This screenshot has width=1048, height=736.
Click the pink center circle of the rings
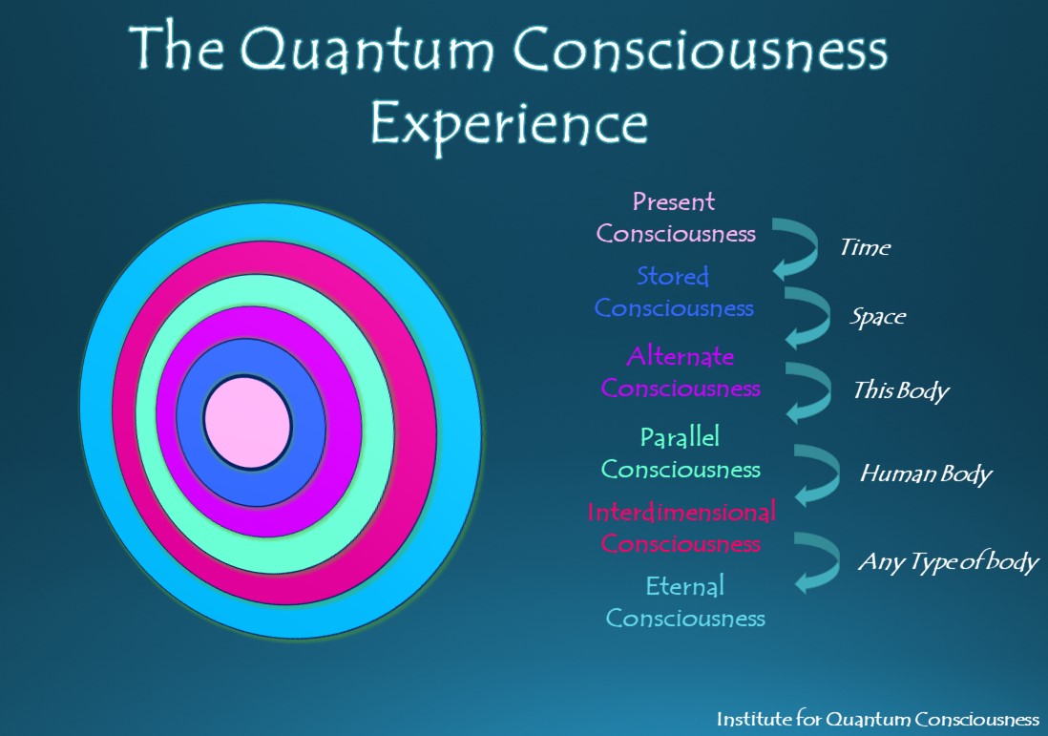point(247,423)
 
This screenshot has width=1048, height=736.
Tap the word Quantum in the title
point(367,50)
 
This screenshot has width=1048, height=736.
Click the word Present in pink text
point(674,201)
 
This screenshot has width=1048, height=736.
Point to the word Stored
point(672,276)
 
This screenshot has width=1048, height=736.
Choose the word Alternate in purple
point(680,356)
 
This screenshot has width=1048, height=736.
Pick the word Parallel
point(680,437)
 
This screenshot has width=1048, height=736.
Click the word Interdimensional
point(681,512)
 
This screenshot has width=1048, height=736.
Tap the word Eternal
point(684,586)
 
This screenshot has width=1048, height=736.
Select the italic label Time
point(865,248)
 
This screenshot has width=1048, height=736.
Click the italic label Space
point(877,317)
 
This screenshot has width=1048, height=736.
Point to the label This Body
point(901,391)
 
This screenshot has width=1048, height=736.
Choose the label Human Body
point(926,473)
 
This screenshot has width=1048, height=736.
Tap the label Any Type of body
point(949,562)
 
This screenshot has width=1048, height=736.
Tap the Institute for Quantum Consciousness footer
point(877,719)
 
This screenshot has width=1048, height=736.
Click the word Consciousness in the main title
point(701,50)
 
